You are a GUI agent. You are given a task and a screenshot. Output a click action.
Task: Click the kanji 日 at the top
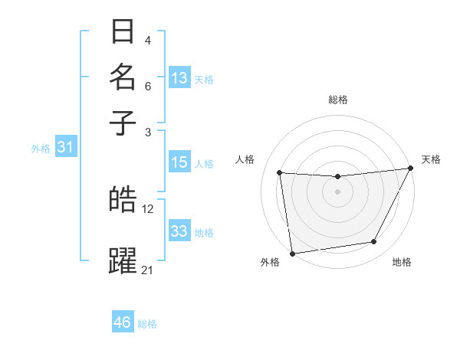123,32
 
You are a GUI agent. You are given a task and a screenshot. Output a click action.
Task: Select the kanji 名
123,77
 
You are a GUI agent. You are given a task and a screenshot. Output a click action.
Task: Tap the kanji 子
123,122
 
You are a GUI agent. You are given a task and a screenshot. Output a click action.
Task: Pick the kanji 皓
123,200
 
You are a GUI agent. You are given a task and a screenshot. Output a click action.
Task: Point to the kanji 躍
123,260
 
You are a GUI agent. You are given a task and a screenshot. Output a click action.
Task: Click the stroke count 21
148,270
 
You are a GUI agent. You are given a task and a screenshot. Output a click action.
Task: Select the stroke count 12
148,208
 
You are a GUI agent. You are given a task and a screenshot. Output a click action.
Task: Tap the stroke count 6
148,86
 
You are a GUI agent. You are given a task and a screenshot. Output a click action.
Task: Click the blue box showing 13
179,77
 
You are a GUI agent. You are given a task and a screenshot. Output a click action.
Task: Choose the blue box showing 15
179,162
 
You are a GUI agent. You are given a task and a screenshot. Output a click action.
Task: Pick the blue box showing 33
179,231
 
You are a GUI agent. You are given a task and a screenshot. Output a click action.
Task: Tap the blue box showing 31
65,147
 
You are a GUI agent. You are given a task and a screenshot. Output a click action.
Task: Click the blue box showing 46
123,322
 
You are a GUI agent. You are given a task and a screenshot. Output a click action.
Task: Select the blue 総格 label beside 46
147,324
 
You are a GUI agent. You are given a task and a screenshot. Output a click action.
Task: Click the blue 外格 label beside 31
41,149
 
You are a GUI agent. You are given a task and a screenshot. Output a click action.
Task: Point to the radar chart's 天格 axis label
431,159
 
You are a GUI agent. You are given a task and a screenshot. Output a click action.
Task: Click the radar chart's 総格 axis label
337,100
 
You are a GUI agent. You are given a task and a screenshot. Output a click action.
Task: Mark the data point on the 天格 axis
410,169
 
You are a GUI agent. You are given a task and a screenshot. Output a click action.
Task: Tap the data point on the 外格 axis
292,253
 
